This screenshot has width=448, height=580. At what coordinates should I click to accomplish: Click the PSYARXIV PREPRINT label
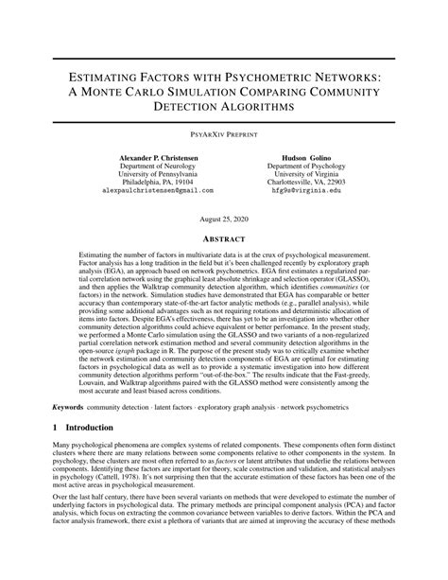tap(224, 136)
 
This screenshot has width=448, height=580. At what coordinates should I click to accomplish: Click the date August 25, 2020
tap(224, 217)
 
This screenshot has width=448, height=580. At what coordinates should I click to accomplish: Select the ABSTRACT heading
tap(224, 239)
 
